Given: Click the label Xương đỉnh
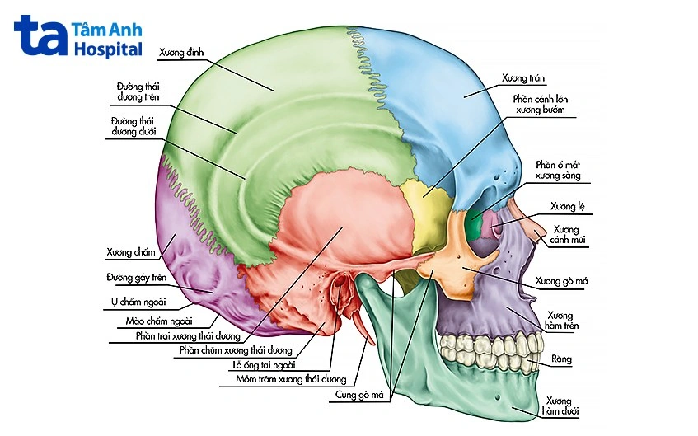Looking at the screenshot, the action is click(x=181, y=53).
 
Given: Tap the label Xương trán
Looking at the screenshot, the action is click(x=523, y=78).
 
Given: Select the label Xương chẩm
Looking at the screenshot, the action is click(x=131, y=252).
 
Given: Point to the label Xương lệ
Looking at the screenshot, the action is click(x=567, y=206).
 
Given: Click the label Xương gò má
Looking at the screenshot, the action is click(x=561, y=281).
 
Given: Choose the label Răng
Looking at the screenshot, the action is click(x=561, y=359).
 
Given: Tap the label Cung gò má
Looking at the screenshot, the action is click(x=359, y=395).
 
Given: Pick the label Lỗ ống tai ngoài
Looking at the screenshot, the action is click(x=264, y=365).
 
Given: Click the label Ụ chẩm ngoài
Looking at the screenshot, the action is click(x=138, y=302).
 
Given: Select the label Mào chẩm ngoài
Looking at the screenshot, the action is click(x=159, y=321).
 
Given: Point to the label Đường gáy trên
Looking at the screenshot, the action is click(x=136, y=278).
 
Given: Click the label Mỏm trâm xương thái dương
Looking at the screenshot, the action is click(x=291, y=380).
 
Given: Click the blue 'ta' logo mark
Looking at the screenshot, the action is click(x=40, y=35).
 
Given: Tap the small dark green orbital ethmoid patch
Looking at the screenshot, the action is click(x=475, y=222).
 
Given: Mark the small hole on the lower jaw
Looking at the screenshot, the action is click(x=498, y=397).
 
